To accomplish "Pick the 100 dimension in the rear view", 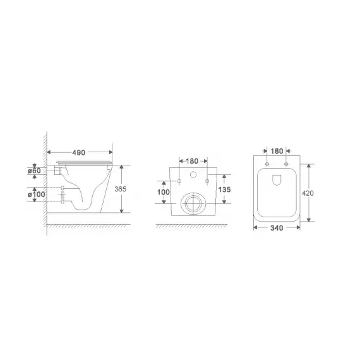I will coord(164,191).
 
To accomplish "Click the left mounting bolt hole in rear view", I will coord(179,182).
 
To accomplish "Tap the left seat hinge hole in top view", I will coord(268,165).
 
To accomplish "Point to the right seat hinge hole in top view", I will coord(286,165).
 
